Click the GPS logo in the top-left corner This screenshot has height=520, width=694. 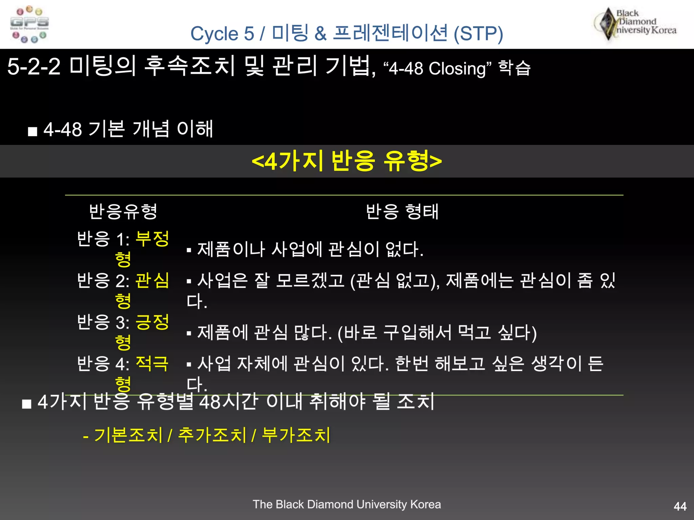coord(29,24)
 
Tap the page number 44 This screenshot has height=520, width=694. coord(680,506)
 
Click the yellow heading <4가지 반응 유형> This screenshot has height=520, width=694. coord(347,161)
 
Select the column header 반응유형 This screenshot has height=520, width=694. coord(123,212)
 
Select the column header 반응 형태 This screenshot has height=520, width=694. coord(402,212)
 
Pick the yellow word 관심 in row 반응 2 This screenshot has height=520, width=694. coord(152,280)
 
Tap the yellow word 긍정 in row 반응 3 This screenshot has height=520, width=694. coord(152,322)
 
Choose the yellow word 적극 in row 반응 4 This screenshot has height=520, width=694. coord(152,364)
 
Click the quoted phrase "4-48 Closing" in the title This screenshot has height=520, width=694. coord(437,69)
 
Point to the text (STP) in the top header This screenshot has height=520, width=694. coord(478,34)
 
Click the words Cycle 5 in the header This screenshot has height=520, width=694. coord(222,34)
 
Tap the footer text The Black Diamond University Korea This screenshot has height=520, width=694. coord(347,504)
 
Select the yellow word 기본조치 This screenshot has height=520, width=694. coord(128,435)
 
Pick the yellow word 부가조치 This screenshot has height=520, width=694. coord(296,435)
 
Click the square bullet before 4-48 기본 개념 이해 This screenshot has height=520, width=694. coord(33,131)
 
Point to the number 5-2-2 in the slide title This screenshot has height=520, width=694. coord(34,66)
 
